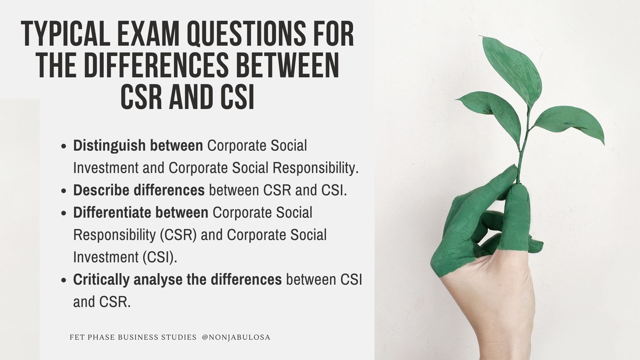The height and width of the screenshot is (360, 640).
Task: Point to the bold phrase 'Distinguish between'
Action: click(x=138, y=146)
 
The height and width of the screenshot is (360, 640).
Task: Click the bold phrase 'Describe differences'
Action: click(x=139, y=190)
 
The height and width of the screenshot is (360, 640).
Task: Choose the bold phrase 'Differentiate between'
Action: click(x=141, y=213)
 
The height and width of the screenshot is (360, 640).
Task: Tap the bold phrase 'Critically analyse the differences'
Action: click(x=177, y=280)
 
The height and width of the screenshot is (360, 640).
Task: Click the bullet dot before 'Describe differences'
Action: click(x=65, y=191)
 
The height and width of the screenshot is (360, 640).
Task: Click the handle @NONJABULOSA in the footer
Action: click(x=236, y=337)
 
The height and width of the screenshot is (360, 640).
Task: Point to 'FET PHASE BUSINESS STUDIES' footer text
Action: click(x=133, y=337)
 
